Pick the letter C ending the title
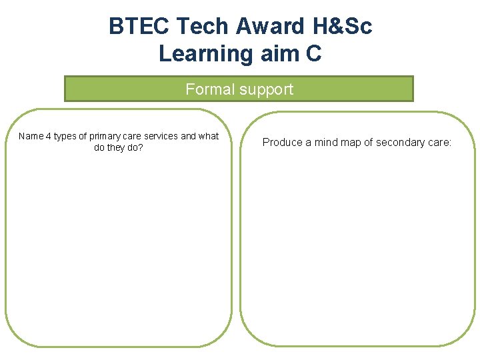click(314, 53)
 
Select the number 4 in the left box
click(49, 136)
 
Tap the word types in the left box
click(65, 137)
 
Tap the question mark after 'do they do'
click(141, 147)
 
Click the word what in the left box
click(209, 136)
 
